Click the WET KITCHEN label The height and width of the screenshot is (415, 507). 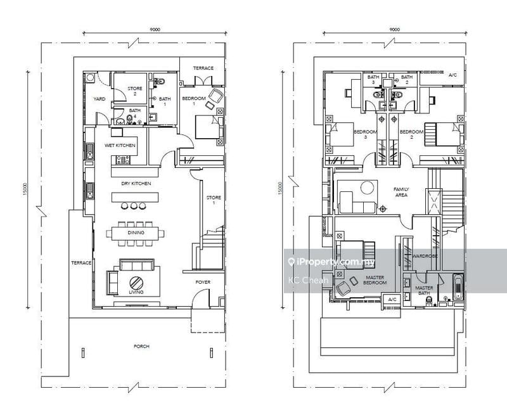[x=120, y=146]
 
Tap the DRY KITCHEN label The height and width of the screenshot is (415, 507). [x=136, y=183]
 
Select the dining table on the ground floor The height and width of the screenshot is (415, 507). [x=135, y=233]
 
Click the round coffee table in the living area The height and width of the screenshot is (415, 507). [x=136, y=283]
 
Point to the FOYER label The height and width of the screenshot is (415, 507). [x=203, y=282]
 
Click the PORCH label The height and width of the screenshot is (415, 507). [x=141, y=346]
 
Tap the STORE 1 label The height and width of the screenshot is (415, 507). [x=214, y=200]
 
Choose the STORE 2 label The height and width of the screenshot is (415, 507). [x=135, y=91]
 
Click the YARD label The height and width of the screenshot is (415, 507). [x=99, y=99]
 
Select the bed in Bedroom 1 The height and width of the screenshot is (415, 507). [x=209, y=127]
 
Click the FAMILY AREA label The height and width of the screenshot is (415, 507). [x=401, y=192]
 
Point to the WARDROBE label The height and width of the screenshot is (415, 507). [x=425, y=256]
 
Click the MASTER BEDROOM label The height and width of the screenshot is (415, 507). [x=375, y=280]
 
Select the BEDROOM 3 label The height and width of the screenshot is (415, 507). [x=366, y=134]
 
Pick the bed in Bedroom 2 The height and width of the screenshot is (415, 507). [x=444, y=134]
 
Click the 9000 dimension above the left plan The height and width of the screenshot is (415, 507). [x=155, y=29]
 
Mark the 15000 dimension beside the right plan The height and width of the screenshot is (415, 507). [x=280, y=188]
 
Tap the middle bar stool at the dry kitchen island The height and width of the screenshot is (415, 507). [x=134, y=205]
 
